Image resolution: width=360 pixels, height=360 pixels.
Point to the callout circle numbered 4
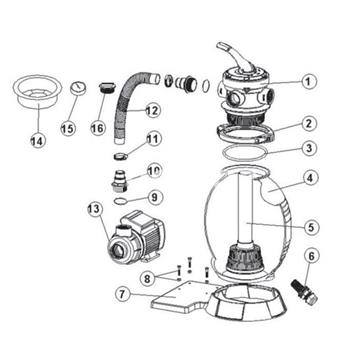click(310, 181)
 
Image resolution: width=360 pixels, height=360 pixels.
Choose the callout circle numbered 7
click(123, 295)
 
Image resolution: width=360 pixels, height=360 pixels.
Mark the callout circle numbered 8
click(147, 277)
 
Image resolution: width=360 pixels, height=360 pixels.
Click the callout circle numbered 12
click(152, 109)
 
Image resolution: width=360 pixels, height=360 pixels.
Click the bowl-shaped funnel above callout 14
click(36, 91)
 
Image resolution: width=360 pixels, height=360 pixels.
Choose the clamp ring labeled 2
click(247, 130)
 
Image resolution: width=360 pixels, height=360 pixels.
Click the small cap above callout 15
click(79, 90)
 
